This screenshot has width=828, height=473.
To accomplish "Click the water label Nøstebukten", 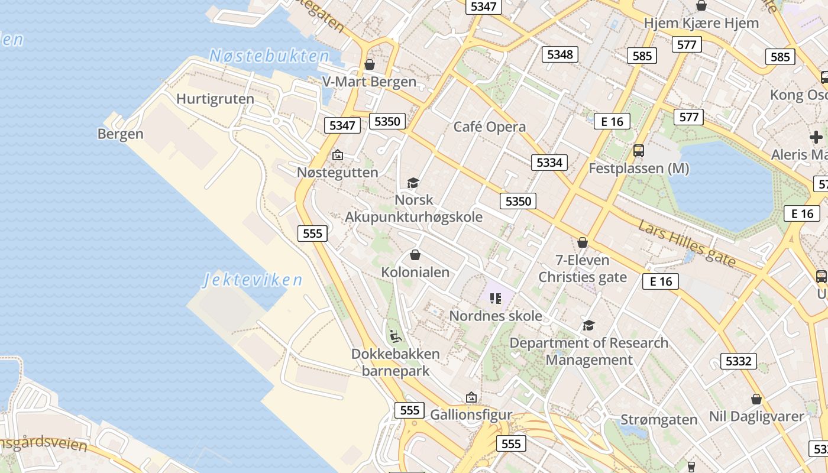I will [269, 56].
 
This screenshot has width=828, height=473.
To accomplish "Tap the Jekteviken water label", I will [253, 280].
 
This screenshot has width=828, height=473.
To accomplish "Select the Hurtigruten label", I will [215, 99].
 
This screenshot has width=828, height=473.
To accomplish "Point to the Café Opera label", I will [489, 127].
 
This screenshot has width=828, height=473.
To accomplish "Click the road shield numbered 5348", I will [560, 54].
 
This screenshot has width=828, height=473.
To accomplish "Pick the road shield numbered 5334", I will [549, 163].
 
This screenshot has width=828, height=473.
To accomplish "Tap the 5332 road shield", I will [738, 361].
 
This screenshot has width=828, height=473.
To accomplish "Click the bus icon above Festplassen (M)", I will [639, 150].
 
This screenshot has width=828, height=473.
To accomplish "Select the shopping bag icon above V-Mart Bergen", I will [370, 64].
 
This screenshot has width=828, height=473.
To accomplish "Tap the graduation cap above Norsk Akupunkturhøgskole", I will [413, 183].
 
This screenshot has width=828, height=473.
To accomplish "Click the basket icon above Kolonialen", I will [415, 255].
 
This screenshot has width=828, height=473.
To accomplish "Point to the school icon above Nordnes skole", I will [495, 299].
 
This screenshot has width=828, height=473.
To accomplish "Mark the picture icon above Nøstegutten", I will [337, 155].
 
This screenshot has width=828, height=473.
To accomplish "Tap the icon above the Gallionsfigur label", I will [471, 397].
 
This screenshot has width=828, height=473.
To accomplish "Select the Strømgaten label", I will [659, 420].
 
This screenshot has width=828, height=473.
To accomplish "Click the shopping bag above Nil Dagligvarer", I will [756, 399].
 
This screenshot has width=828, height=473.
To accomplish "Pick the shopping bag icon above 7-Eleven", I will [583, 242].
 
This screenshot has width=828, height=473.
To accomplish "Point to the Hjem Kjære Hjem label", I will [701, 23].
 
